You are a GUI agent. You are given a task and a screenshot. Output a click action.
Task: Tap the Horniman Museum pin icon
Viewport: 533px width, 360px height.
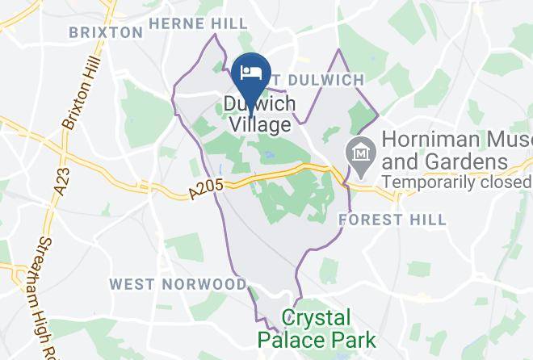357,151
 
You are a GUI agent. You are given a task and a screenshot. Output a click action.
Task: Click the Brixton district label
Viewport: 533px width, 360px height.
106,32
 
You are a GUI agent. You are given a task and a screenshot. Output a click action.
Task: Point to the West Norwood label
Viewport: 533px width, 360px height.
178,284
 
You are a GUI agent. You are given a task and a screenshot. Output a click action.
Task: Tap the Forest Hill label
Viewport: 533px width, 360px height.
392,219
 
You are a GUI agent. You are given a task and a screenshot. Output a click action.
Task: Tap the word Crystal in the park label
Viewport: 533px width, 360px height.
317,317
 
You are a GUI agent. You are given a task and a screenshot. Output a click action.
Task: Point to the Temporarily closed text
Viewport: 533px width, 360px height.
457,182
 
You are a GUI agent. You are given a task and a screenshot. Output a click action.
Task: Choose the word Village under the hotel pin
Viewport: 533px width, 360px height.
259,125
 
